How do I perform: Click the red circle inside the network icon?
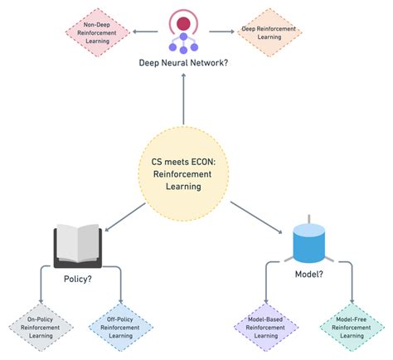[x=184, y=22]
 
